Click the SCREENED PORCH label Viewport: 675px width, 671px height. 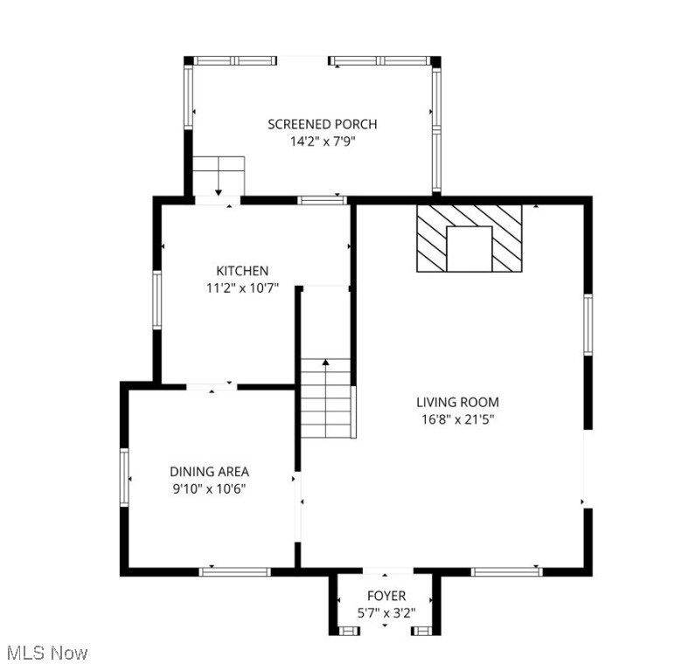point(323,124)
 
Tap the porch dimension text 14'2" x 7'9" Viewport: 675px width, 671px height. point(323,142)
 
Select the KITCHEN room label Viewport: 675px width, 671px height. point(242,271)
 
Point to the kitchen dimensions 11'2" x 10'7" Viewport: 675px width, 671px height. point(242,288)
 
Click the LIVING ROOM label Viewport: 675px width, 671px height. point(457,402)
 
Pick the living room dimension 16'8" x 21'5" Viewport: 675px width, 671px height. point(457,419)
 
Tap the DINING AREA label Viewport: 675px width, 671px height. point(209,472)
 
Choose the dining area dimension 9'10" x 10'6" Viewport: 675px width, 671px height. point(209,489)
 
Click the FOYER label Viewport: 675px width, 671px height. point(386,596)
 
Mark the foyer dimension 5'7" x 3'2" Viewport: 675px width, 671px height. point(386,613)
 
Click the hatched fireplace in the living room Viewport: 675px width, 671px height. point(469,239)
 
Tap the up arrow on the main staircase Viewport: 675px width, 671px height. point(326,362)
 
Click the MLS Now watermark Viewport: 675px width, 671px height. point(47,653)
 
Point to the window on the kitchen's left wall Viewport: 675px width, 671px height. point(157,300)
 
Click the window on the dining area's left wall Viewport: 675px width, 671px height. point(124,477)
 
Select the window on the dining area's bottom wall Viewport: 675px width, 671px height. point(235,571)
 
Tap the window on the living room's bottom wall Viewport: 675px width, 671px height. point(507,571)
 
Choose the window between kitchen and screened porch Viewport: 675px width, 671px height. point(323,200)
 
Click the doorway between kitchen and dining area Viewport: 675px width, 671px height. point(212,385)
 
